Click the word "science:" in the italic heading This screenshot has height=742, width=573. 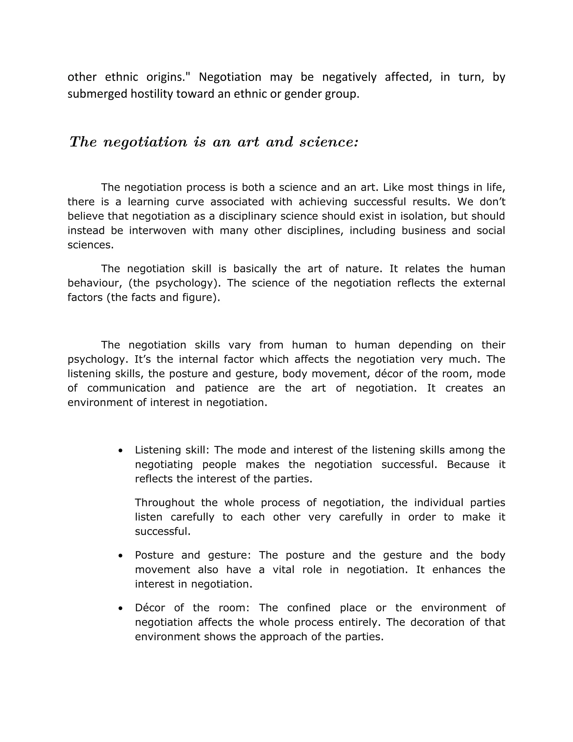[x=328, y=142]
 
